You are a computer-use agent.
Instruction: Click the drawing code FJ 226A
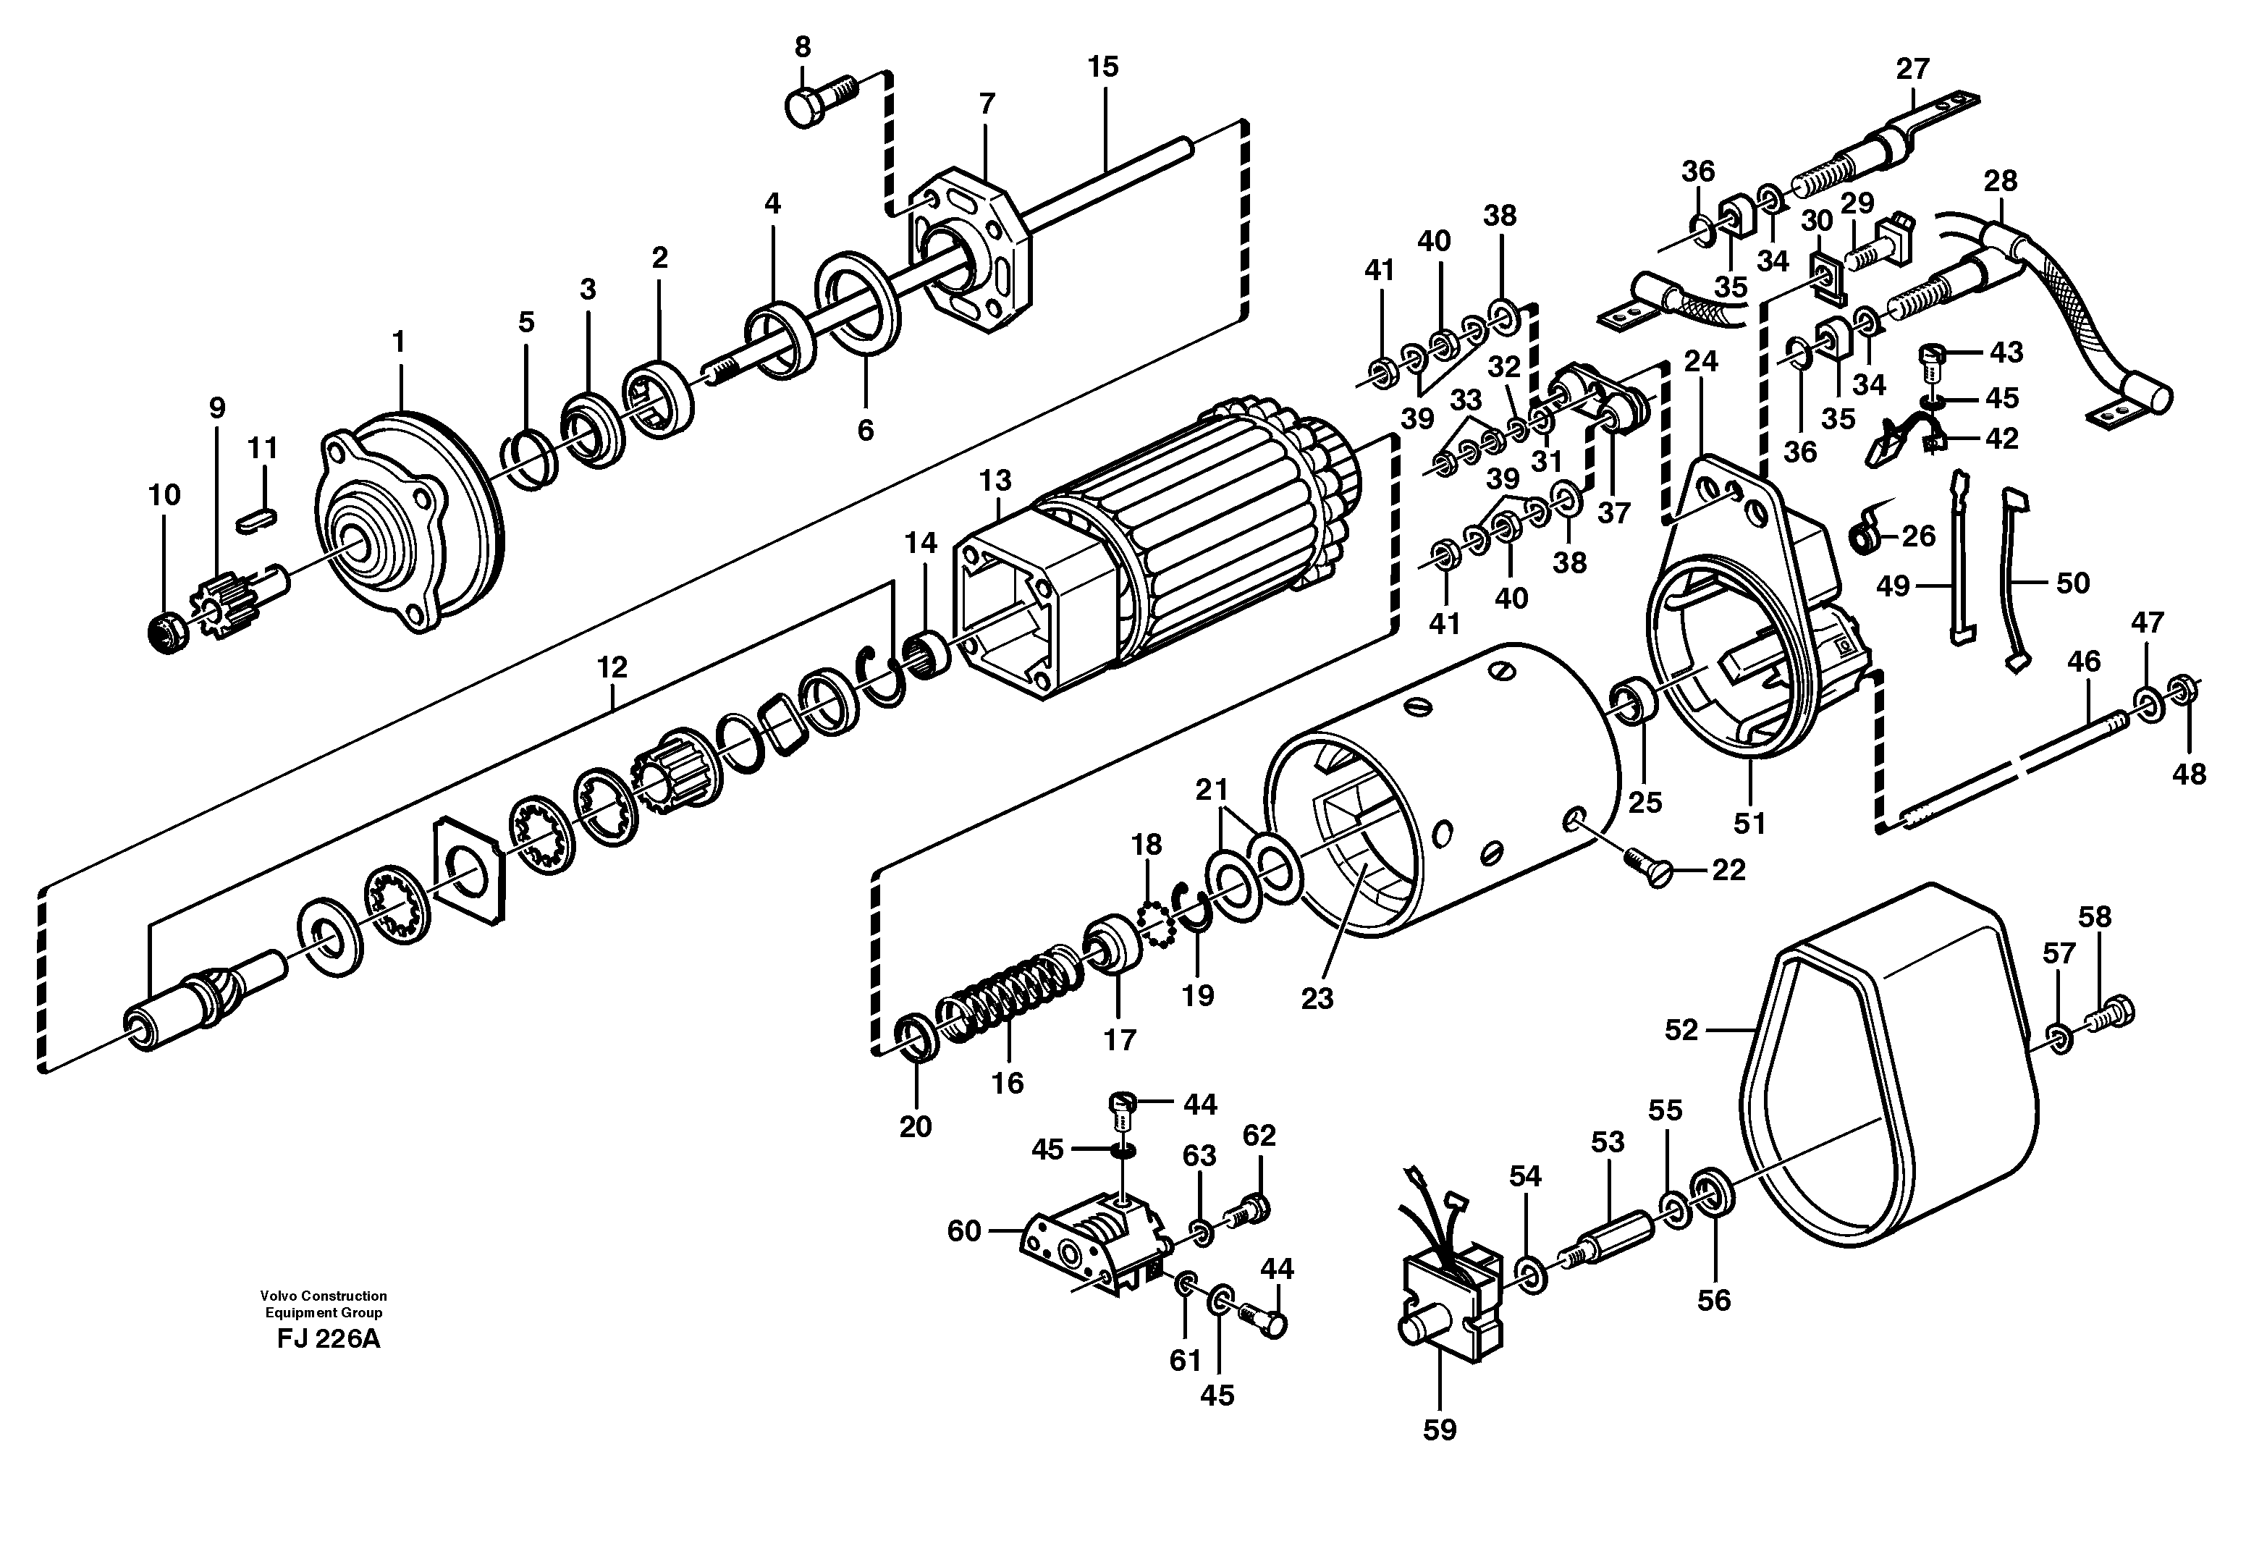329,1340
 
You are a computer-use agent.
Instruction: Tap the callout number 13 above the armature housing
995,480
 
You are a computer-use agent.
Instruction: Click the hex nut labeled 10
165,632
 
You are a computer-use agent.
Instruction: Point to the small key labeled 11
257,519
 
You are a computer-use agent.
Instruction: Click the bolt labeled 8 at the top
819,101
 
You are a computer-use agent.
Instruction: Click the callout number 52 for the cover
1681,1030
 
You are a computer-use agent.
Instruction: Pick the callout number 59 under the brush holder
1439,1430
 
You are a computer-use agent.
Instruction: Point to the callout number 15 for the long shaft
1102,67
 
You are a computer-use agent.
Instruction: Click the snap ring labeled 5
530,462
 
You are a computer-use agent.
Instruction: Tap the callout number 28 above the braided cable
2001,182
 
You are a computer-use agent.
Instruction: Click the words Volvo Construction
323,1296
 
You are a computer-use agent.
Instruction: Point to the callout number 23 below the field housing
1317,999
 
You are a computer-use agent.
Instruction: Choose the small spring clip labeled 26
1866,535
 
